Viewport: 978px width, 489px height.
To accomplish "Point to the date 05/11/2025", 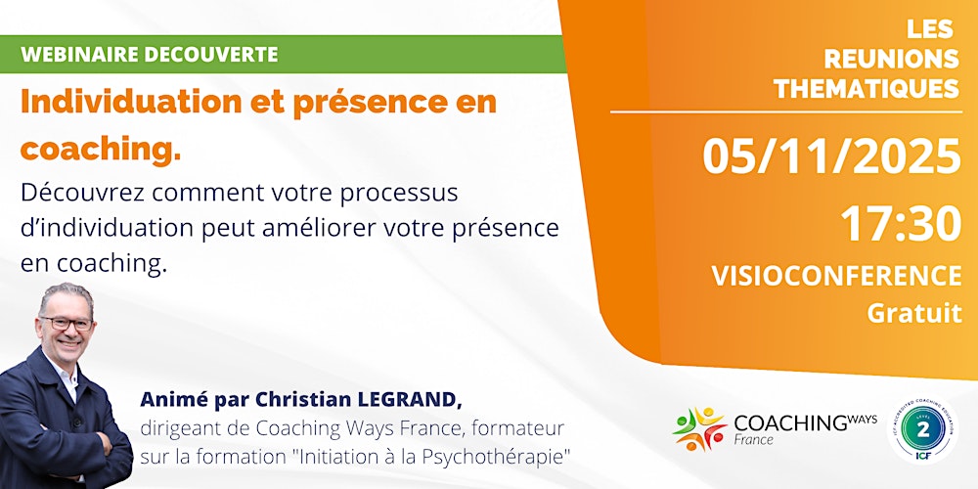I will [x=832, y=156].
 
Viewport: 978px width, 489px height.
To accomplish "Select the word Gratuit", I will [x=913, y=313].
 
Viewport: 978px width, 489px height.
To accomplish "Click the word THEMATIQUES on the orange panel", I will [x=866, y=89].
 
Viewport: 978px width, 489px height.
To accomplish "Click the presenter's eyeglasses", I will [x=67, y=323].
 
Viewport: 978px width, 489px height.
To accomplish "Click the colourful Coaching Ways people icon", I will [x=698, y=428].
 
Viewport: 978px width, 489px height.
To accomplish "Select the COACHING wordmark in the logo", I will [x=789, y=422].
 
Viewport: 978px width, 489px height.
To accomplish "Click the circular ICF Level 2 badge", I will [x=922, y=430].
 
